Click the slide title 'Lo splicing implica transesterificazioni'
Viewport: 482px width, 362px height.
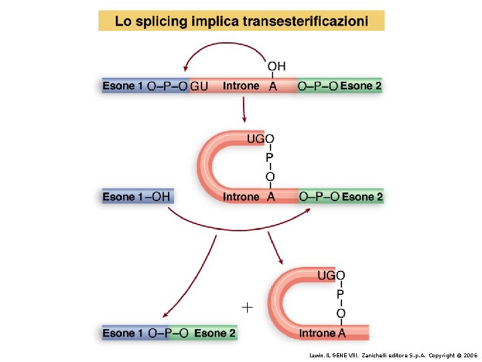click(241, 21)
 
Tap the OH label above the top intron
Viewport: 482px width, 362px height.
click(276, 66)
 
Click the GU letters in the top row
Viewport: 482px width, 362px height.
click(199, 86)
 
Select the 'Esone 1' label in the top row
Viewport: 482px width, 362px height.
click(123, 86)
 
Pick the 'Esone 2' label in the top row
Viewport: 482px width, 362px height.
click(361, 86)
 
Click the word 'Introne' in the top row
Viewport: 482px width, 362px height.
click(240, 86)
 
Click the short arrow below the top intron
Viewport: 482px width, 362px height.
click(244, 111)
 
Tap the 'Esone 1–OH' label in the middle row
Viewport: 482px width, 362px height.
click(137, 196)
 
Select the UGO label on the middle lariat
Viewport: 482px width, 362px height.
click(260, 139)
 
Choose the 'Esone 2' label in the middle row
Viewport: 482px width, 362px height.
click(362, 196)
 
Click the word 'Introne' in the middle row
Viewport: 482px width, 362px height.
click(241, 197)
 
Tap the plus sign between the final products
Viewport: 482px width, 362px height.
click(248, 307)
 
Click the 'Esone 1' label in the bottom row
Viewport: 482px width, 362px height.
click(123, 333)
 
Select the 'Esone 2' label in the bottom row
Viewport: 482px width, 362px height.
click(215, 333)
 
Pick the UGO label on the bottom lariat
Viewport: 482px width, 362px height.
click(331, 276)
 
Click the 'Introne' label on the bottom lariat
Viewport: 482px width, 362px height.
click(317, 333)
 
